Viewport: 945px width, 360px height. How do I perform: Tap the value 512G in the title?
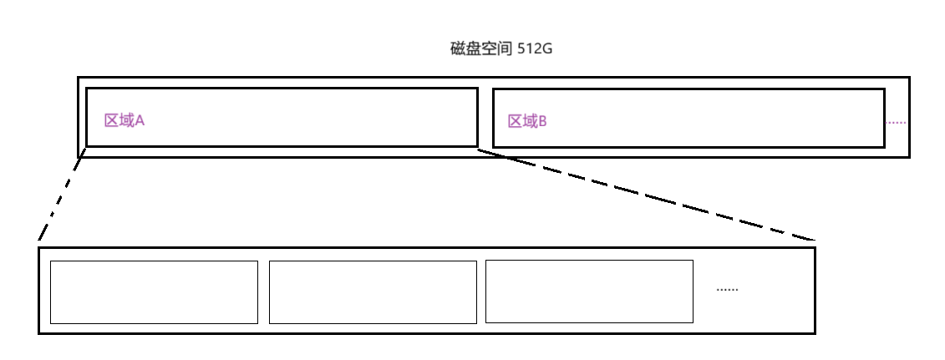point(536,49)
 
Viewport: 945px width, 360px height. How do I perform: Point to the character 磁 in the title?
point(457,49)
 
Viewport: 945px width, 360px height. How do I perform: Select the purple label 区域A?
point(124,120)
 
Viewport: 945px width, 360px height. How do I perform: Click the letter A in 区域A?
point(140,120)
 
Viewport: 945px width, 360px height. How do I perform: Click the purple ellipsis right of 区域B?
point(895,123)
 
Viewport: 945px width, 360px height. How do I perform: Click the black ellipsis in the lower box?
point(727,290)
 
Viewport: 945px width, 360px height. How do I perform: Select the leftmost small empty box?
point(154,292)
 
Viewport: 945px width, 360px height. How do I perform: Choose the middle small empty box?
point(373,292)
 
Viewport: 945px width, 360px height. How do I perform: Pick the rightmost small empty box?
point(589,292)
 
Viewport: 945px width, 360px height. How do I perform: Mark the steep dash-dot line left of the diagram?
point(60,197)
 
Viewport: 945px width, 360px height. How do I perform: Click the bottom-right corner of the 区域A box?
point(477,146)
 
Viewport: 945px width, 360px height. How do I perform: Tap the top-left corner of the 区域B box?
point(493,89)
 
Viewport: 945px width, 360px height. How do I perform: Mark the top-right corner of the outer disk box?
point(908,79)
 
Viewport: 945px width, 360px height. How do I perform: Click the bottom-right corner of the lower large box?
point(814,333)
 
